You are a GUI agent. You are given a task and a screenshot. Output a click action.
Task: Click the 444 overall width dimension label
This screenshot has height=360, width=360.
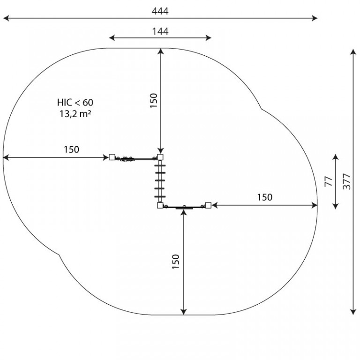tap(160, 11)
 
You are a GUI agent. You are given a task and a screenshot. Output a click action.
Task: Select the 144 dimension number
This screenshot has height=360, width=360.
tap(160, 31)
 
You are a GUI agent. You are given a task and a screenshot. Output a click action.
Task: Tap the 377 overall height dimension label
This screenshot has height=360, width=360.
tap(347, 182)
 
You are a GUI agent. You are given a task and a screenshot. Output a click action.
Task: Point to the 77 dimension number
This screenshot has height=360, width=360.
tap(329, 181)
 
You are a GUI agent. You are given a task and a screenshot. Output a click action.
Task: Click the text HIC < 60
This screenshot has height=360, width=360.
tap(75, 102)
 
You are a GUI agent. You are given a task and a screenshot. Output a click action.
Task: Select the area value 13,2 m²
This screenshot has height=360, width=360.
tap(75, 114)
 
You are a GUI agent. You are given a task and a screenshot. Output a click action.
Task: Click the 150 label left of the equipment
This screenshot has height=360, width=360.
tap(71, 150)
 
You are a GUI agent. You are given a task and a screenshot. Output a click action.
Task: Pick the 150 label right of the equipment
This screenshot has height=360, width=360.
tap(265, 197)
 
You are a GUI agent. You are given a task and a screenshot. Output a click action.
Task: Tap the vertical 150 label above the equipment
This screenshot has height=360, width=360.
tap(154, 100)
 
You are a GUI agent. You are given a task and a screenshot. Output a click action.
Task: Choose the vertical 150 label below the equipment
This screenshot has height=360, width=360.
tap(176, 262)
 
